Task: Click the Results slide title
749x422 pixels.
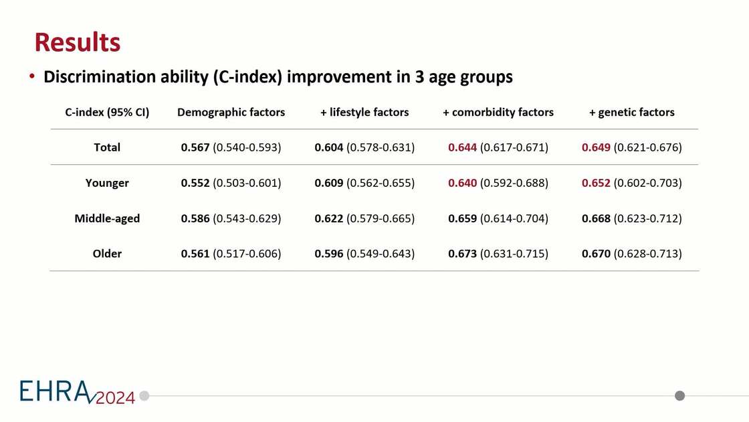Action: coord(77,42)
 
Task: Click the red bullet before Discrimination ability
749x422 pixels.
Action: coord(32,77)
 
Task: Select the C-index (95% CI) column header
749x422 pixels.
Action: coord(107,113)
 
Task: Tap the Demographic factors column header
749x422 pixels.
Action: coord(231,113)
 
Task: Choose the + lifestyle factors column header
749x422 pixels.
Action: coord(364,113)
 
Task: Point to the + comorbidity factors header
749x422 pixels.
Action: coord(498,113)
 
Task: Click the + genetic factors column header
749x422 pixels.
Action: coord(632,113)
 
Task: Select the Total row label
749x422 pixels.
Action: coord(107,147)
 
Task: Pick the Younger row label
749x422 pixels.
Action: coord(107,183)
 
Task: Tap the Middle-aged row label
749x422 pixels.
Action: coord(107,218)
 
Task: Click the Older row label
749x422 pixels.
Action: coord(107,254)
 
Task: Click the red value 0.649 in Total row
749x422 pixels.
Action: coord(596,147)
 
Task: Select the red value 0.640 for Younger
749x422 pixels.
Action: coord(462,183)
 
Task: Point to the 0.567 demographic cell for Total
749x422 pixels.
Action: coord(231,147)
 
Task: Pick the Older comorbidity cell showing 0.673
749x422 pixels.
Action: coord(498,254)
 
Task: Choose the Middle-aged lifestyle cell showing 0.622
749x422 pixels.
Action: coord(364,218)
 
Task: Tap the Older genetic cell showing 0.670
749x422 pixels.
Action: coord(632,254)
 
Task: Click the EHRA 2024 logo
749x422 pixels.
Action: coord(77,393)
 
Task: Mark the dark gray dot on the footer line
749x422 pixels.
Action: coord(680,396)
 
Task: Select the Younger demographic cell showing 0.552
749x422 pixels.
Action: coord(231,183)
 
